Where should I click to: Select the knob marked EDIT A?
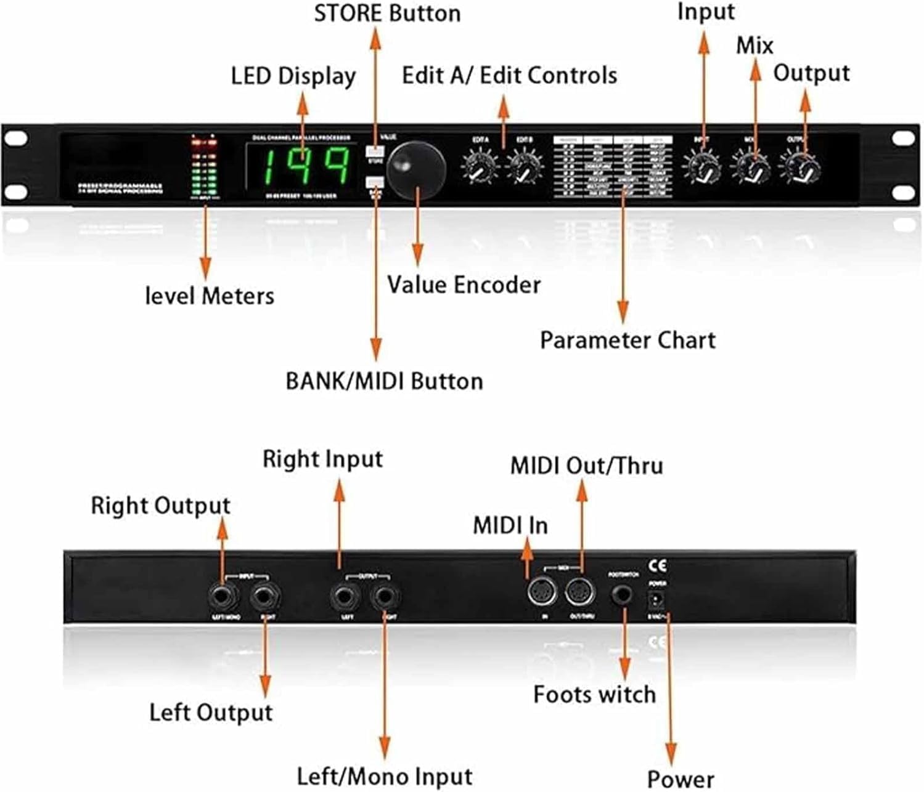click(480, 168)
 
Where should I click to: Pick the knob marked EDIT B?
click(525, 168)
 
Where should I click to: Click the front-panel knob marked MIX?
click(750, 168)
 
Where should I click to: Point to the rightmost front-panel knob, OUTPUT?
click(799, 168)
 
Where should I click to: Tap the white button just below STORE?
click(374, 182)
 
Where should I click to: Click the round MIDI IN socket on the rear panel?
click(542, 593)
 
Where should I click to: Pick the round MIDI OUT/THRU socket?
click(580, 593)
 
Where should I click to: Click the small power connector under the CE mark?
click(657, 599)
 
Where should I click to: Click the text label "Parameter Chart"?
click(628, 341)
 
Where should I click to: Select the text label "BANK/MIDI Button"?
click(384, 381)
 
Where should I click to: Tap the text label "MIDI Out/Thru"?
click(586, 466)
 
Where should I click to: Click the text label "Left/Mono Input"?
click(385, 776)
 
